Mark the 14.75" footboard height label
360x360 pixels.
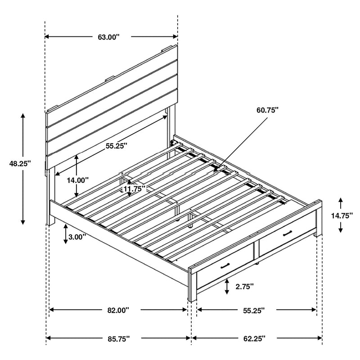coord(341,216)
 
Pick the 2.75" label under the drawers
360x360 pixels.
coord(244,286)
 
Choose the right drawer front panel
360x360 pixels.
coord(287,239)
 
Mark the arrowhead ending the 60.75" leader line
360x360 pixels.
coord(216,172)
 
